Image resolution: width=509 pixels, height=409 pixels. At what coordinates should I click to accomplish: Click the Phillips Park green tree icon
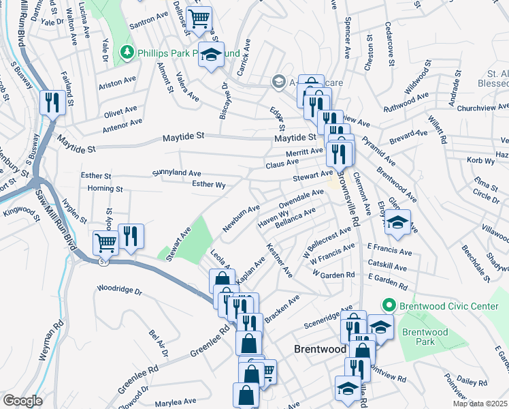click(x=127, y=52)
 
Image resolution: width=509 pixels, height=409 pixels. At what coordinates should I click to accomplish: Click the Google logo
click(x=22, y=401)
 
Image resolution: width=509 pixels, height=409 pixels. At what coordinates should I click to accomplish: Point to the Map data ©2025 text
click(x=480, y=404)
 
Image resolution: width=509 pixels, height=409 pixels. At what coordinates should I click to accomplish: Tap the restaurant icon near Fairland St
click(x=52, y=103)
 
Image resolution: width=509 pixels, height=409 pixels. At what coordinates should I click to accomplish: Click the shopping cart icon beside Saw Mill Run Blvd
click(x=105, y=241)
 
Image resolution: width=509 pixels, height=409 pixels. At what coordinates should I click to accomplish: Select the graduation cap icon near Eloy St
click(x=399, y=220)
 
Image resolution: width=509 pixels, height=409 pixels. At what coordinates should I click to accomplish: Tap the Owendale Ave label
click(x=301, y=200)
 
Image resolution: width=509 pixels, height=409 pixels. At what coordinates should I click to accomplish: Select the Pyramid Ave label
click(x=383, y=154)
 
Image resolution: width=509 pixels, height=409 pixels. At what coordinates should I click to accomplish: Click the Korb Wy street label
click(x=481, y=160)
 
